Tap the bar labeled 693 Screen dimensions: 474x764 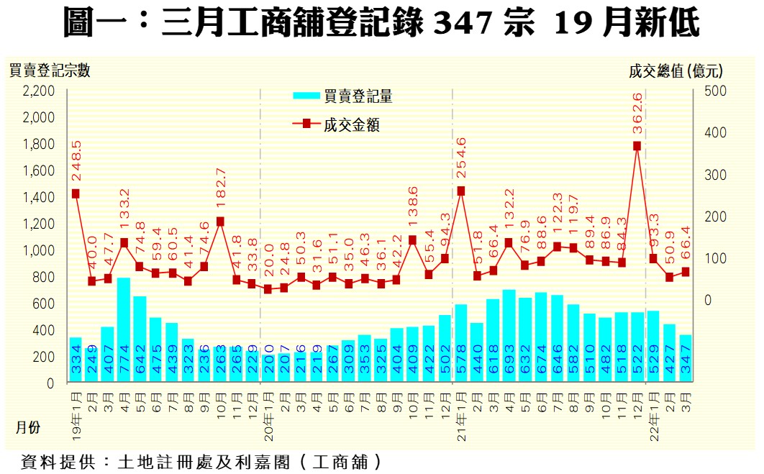coord(509,335)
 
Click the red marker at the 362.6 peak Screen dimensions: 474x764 coord(637,146)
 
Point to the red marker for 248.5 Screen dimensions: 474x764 coord(76,193)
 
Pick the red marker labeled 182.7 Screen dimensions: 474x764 coord(220,222)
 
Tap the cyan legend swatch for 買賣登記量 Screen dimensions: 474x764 coord(306,96)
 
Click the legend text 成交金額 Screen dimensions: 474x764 coord(352,125)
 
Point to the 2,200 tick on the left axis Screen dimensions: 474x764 coord(39,91)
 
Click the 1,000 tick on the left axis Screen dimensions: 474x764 coord(39,251)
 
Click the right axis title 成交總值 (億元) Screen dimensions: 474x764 coord(676,70)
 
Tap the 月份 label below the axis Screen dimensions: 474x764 coord(29,427)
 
